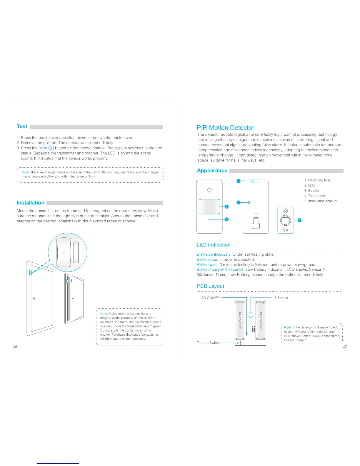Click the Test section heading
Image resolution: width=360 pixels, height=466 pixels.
click(x=22, y=127)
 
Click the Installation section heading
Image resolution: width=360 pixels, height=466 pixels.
click(x=31, y=203)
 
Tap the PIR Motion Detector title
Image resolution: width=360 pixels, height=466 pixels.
click(x=225, y=128)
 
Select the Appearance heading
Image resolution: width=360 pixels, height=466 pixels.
click(x=212, y=171)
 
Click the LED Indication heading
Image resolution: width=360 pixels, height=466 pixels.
click(x=214, y=245)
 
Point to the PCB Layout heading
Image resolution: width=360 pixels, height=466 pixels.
click(x=210, y=286)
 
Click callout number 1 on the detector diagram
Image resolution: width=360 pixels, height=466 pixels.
click(x=227, y=207)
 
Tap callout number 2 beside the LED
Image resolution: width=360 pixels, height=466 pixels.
click(x=227, y=219)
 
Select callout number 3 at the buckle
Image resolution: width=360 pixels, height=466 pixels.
click(x=239, y=181)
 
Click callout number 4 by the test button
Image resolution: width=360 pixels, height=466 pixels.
click(x=239, y=202)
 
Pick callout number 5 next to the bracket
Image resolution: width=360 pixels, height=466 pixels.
click(x=300, y=220)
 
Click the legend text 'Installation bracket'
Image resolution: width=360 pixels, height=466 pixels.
click(x=323, y=201)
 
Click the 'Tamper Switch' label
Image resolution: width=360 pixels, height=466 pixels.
click(x=208, y=343)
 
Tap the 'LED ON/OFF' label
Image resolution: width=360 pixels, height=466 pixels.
click(x=209, y=298)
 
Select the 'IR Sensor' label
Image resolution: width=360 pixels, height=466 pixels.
click(x=281, y=298)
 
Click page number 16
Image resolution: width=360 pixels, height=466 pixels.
click(x=15, y=347)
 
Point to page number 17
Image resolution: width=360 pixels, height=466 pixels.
click(x=345, y=347)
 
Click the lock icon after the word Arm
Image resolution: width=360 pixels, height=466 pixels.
click(x=50, y=148)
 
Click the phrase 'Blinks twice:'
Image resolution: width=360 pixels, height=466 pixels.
click(x=207, y=264)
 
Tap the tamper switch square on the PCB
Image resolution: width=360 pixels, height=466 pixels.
click(x=238, y=343)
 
